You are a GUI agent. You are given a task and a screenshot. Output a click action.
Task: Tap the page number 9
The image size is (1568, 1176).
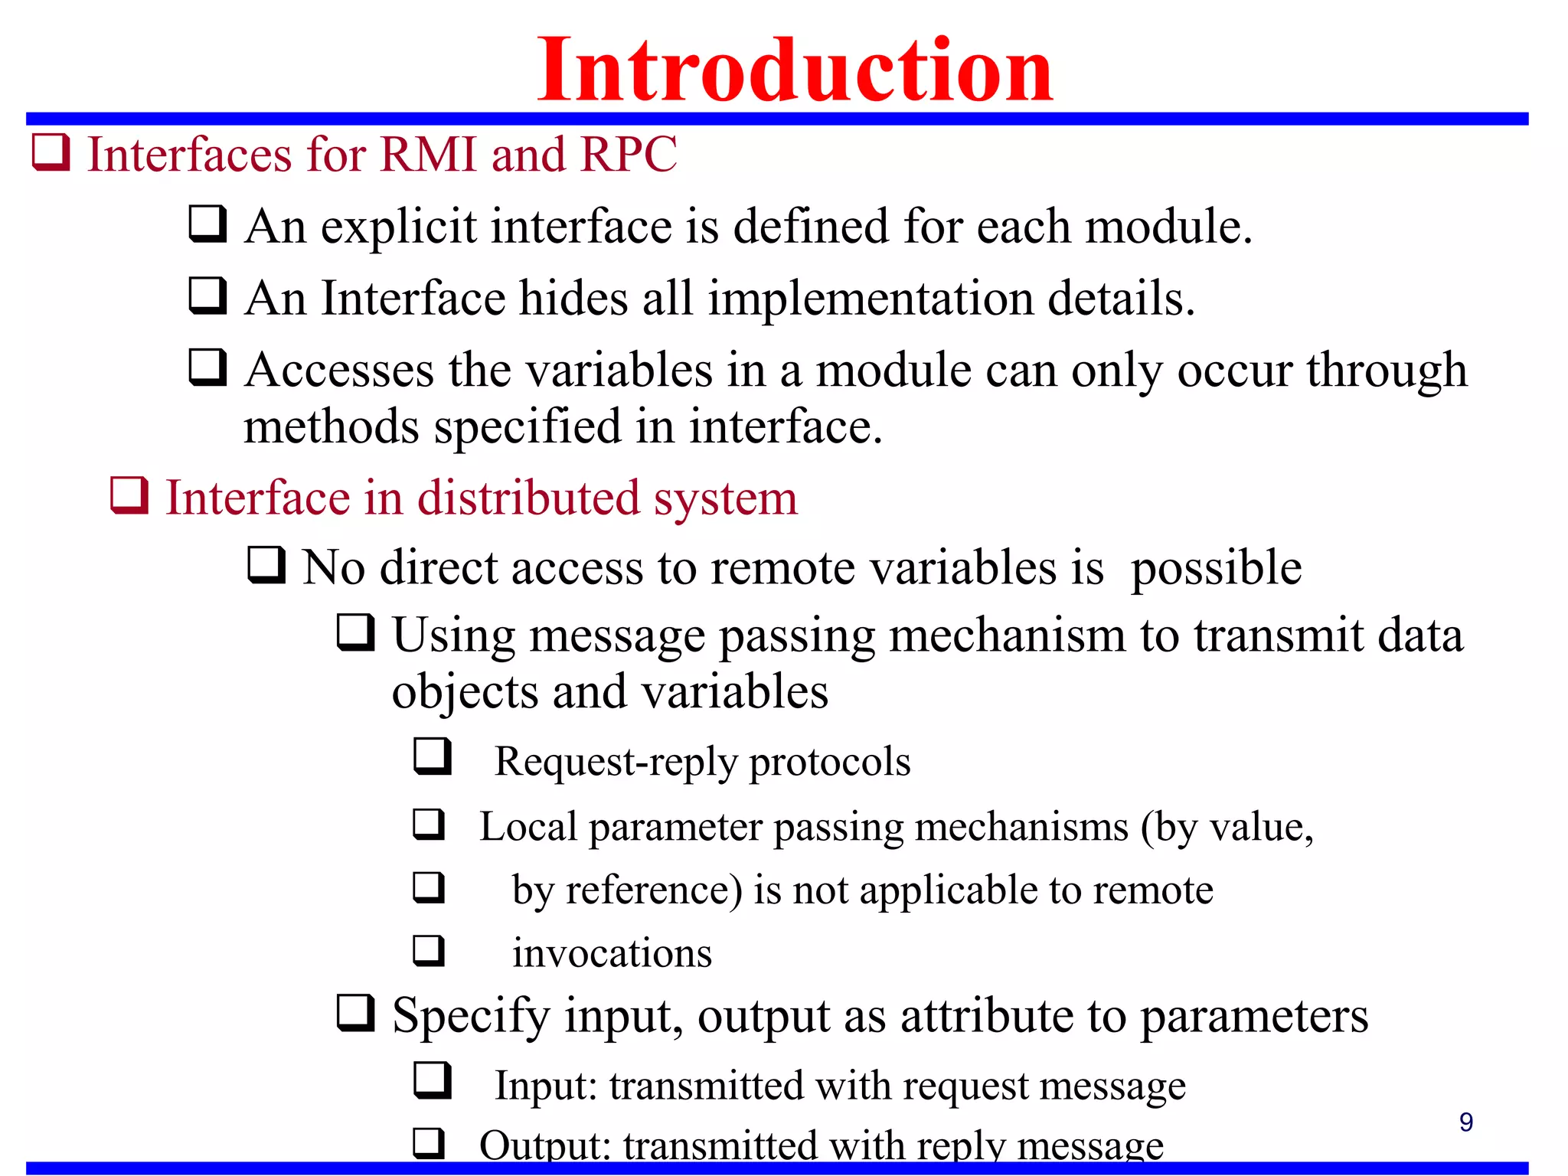[1465, 1122]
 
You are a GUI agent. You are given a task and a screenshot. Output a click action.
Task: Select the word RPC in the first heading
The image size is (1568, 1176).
[629, 155]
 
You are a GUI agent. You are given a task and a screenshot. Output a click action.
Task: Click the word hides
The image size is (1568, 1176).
[573, 299]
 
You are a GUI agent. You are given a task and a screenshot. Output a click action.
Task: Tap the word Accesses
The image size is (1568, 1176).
[339, 371]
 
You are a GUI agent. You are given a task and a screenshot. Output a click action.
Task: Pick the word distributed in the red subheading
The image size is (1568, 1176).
[528, 498]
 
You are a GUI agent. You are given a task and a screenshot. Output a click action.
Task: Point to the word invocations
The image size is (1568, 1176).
[612, 954]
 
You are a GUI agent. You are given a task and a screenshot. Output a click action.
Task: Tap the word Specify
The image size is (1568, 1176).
[471, 1017]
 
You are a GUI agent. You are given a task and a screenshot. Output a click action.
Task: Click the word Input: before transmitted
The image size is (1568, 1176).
[545, 1086]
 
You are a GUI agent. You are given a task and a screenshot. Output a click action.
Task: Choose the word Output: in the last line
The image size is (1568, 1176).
[544, 1146]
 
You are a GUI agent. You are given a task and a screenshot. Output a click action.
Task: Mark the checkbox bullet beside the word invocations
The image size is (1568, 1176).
[429, 951]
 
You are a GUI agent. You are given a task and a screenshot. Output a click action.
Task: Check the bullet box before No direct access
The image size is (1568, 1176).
[266, 566]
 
